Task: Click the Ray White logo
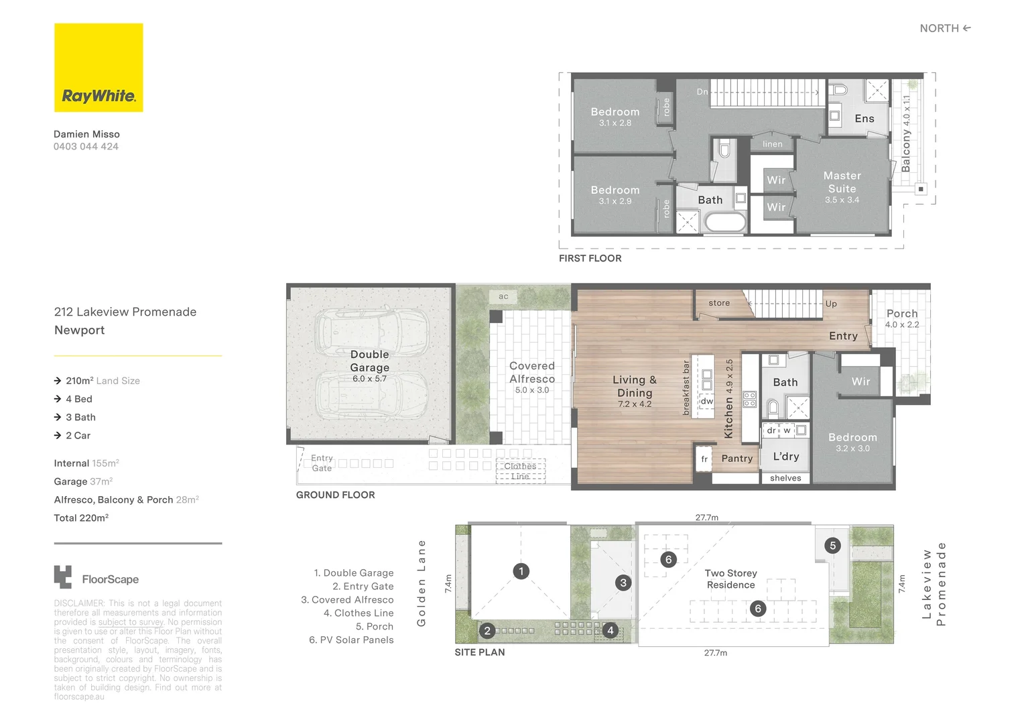point(99,68)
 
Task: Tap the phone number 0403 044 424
point(86,146)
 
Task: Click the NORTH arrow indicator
point(945,28)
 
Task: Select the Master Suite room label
point(842,182)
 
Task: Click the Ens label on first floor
point(864,119)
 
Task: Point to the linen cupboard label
point(772,144)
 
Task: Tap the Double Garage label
point(369,361)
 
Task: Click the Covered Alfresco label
point(531,372)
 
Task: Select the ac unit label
point(503,296)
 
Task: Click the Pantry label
point(737,459)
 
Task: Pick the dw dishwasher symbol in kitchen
point(706,401)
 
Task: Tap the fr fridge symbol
point(704,459)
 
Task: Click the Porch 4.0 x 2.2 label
point(901,318)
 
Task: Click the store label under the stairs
point(719,303)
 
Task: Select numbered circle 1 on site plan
point(521,571)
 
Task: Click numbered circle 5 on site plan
point(832,545)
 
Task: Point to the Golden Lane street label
point(422,583)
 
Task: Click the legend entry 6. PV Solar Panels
point(351,640)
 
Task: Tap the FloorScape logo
point(97,579)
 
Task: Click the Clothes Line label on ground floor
point(520,471)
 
